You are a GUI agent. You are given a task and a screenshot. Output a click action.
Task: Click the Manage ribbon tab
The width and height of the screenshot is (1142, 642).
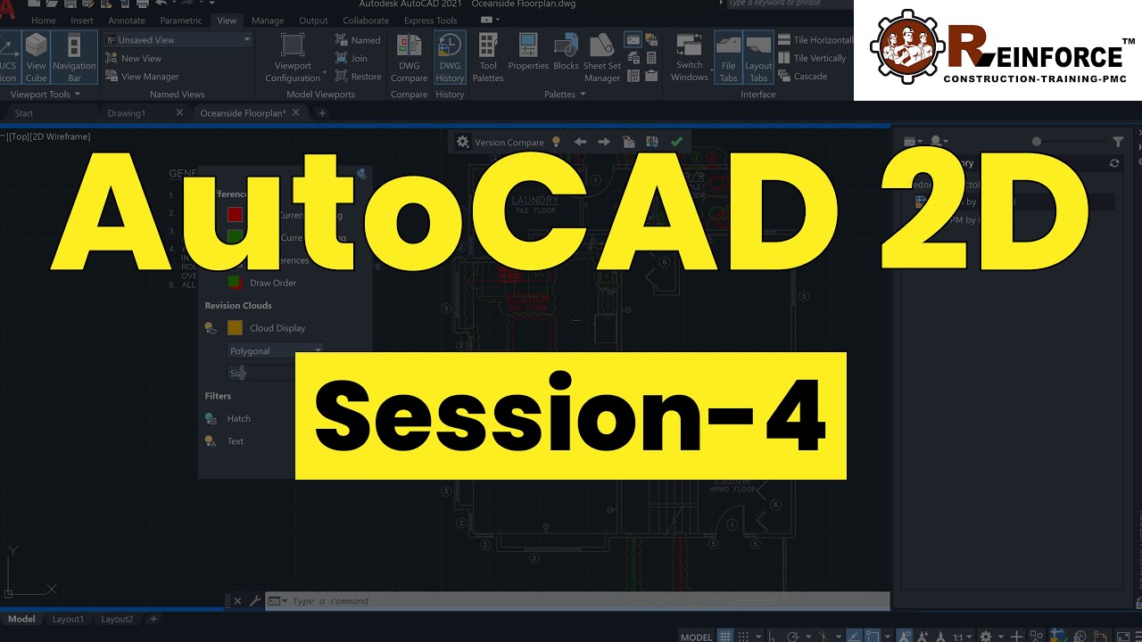point(268,21)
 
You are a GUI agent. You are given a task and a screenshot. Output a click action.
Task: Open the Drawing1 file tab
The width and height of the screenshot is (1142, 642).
point(126,113)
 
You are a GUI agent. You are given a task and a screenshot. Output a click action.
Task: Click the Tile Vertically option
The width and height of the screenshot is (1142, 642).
point(813,58)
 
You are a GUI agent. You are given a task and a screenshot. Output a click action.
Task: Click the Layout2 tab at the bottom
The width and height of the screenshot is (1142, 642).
point(117,619)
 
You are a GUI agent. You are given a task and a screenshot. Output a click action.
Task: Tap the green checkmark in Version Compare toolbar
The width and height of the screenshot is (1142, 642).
point(676,142)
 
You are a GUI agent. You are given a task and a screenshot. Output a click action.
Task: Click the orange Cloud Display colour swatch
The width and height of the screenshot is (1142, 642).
point(236,328)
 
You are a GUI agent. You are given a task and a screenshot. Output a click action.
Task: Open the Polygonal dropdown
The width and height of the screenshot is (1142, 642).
point(276,351)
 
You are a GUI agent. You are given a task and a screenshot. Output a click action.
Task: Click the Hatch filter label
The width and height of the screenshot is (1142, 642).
point(238,419)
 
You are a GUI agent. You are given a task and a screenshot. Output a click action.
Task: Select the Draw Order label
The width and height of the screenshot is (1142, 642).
point(273,284)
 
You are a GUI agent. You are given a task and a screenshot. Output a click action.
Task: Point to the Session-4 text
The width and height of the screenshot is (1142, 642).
point(570,416)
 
